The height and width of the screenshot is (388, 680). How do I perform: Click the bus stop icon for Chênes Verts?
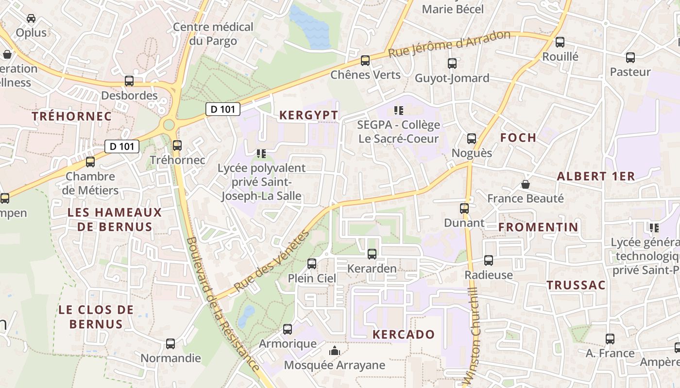click(365, 61)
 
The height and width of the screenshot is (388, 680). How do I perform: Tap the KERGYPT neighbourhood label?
click(308, 115)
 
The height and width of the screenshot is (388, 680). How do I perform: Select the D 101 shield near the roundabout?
click(223, 109)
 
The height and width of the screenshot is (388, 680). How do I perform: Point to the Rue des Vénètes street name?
click(272, 261)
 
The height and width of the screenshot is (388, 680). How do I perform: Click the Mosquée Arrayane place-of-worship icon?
click(334, 351)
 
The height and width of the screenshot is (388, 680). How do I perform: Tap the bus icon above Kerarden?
click(372, 254)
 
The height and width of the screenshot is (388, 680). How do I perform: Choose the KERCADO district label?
click(404, 334)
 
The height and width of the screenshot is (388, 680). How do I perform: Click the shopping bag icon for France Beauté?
click(525, 184)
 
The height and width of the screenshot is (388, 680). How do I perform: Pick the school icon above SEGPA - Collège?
click(399, 111)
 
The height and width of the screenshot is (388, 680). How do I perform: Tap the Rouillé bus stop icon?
click(560, 42)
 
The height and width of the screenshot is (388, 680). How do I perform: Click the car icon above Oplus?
click(31, 18)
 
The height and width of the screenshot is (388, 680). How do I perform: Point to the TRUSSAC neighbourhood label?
click(577, 285)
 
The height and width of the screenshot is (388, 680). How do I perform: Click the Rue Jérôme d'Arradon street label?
click(449, 44)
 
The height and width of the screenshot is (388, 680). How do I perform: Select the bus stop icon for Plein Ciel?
click(312, 264)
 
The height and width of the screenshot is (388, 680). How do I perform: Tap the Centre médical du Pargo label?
click(213, 33)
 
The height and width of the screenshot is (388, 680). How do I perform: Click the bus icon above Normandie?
click(170, 344)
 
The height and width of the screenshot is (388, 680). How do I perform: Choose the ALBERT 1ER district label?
click(596, 177)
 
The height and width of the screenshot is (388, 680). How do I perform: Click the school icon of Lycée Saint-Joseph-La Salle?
click(261, 154)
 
